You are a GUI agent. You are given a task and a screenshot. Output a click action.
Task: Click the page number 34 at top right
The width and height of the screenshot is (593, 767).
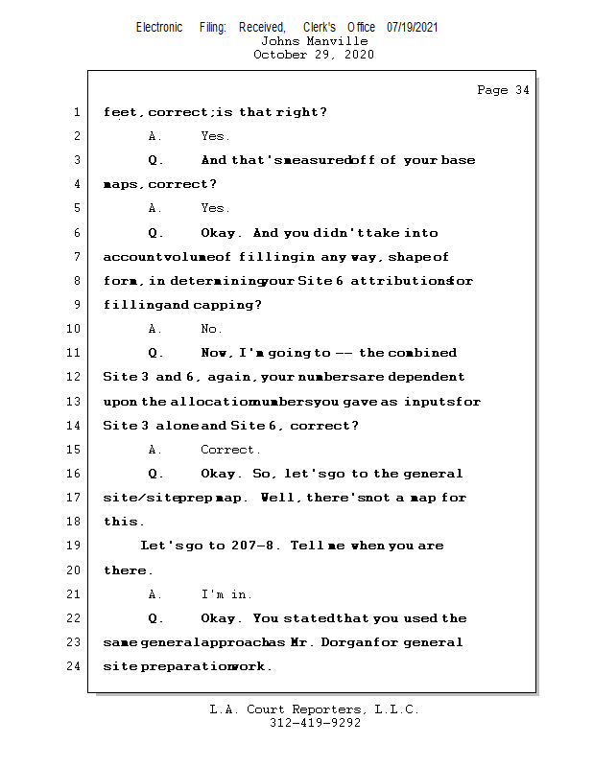click(522, 90)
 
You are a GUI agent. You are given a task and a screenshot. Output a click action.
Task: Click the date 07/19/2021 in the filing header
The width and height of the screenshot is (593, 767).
click(412, 27)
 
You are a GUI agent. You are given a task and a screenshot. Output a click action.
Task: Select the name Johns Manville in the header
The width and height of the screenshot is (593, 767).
click(314, 41)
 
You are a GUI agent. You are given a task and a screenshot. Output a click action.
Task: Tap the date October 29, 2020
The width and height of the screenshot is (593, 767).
click(314, 55)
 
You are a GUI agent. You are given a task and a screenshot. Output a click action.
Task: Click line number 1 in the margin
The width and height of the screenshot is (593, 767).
click(77, 112)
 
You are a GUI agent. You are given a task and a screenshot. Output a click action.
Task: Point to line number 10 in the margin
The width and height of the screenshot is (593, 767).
click(73, 328)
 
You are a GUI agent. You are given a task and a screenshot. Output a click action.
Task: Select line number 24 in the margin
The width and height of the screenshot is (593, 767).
click(73, 665)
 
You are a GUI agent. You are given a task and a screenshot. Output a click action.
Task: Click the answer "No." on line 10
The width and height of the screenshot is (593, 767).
click(211, 329)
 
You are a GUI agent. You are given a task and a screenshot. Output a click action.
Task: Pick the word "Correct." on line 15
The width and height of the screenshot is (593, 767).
click(230, 450)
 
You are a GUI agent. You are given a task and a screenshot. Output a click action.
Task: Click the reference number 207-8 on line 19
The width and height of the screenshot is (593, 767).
click(252, 545)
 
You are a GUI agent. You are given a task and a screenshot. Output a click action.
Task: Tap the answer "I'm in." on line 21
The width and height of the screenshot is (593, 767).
click(226, 594)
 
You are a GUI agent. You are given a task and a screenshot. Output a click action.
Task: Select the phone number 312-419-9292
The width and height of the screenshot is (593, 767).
click(315, 723)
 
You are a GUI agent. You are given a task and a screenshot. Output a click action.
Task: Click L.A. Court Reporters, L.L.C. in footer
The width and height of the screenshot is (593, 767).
click(314, 709)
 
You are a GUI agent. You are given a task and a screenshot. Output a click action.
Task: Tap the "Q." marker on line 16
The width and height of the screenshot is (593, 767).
click(155, 474)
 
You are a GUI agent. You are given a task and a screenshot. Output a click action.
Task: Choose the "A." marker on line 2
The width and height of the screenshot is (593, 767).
click(154, 136)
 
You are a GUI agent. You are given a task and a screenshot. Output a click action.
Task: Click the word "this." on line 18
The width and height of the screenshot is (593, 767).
click(124, 522)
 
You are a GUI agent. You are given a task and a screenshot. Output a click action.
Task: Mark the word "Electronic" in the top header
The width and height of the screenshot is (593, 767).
click(159, 27)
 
